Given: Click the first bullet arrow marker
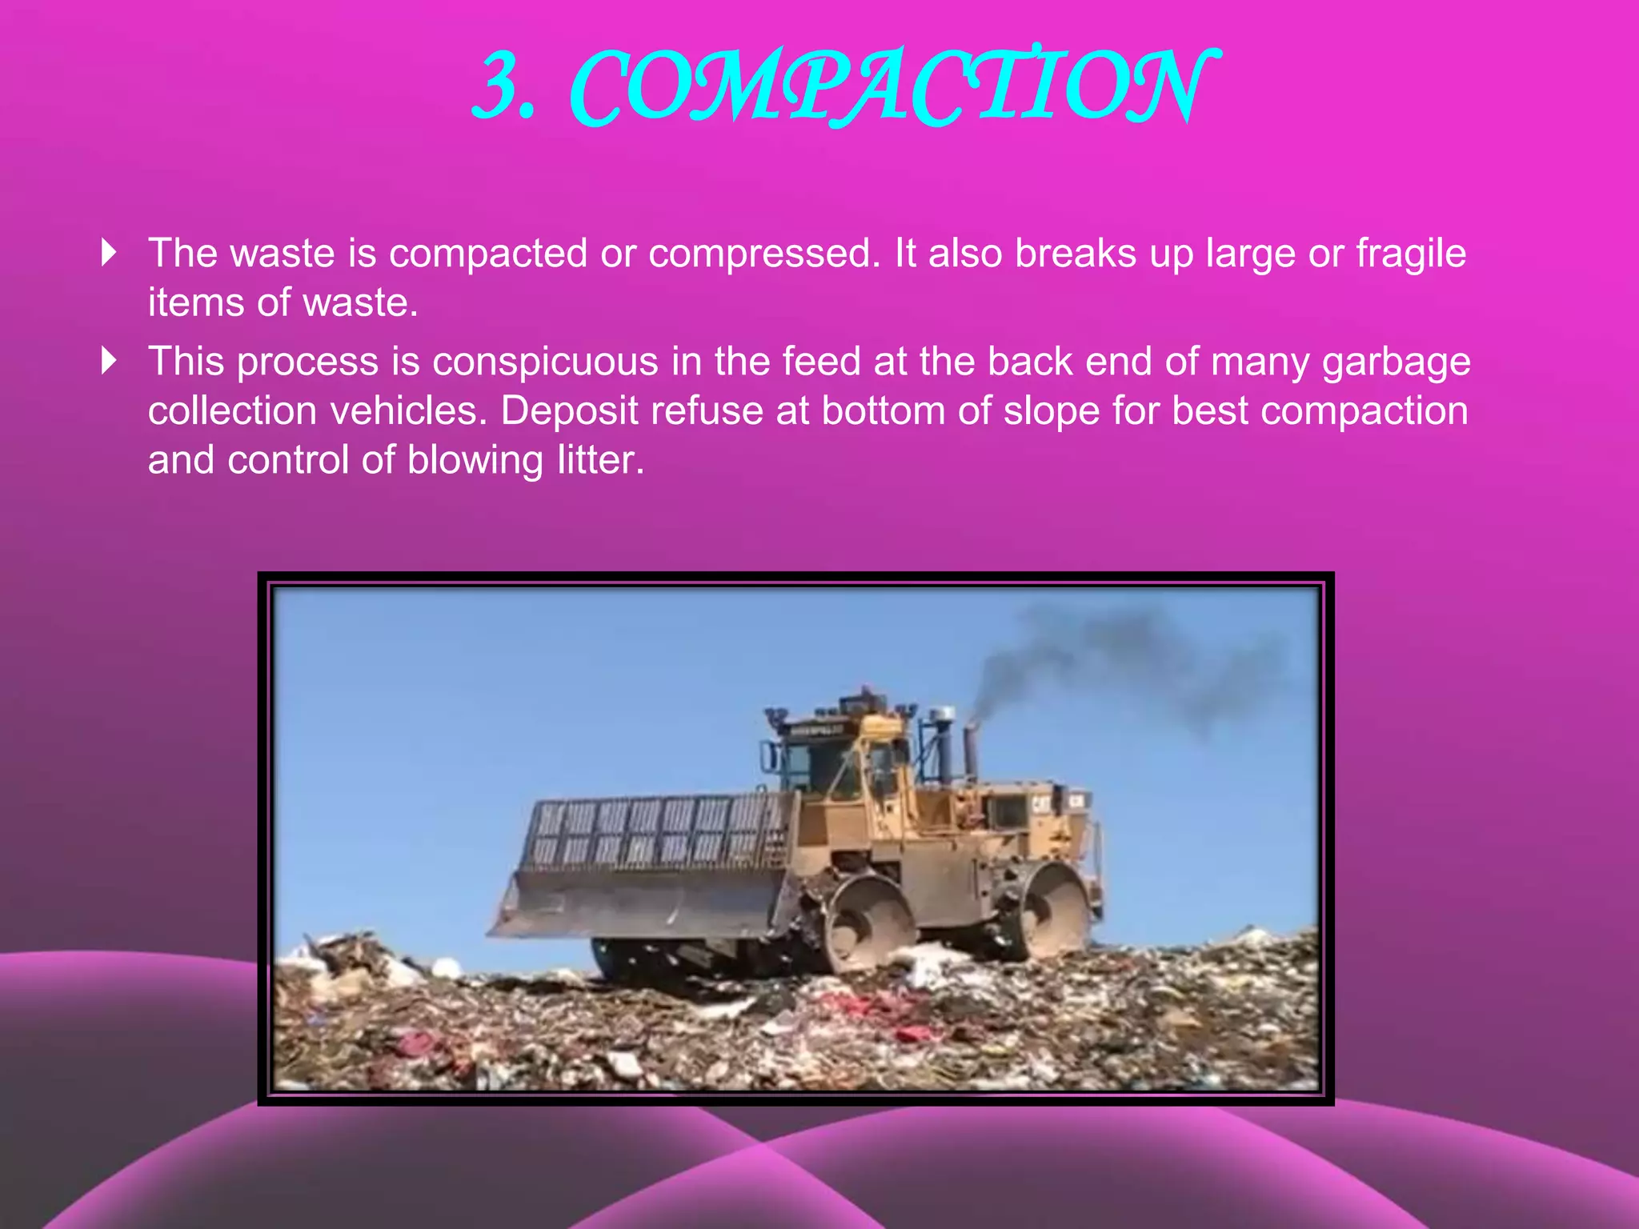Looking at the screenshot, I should pos(110,253).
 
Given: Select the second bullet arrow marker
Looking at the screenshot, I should pos(110,361).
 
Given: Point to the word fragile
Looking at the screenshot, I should pos(1411,254).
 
